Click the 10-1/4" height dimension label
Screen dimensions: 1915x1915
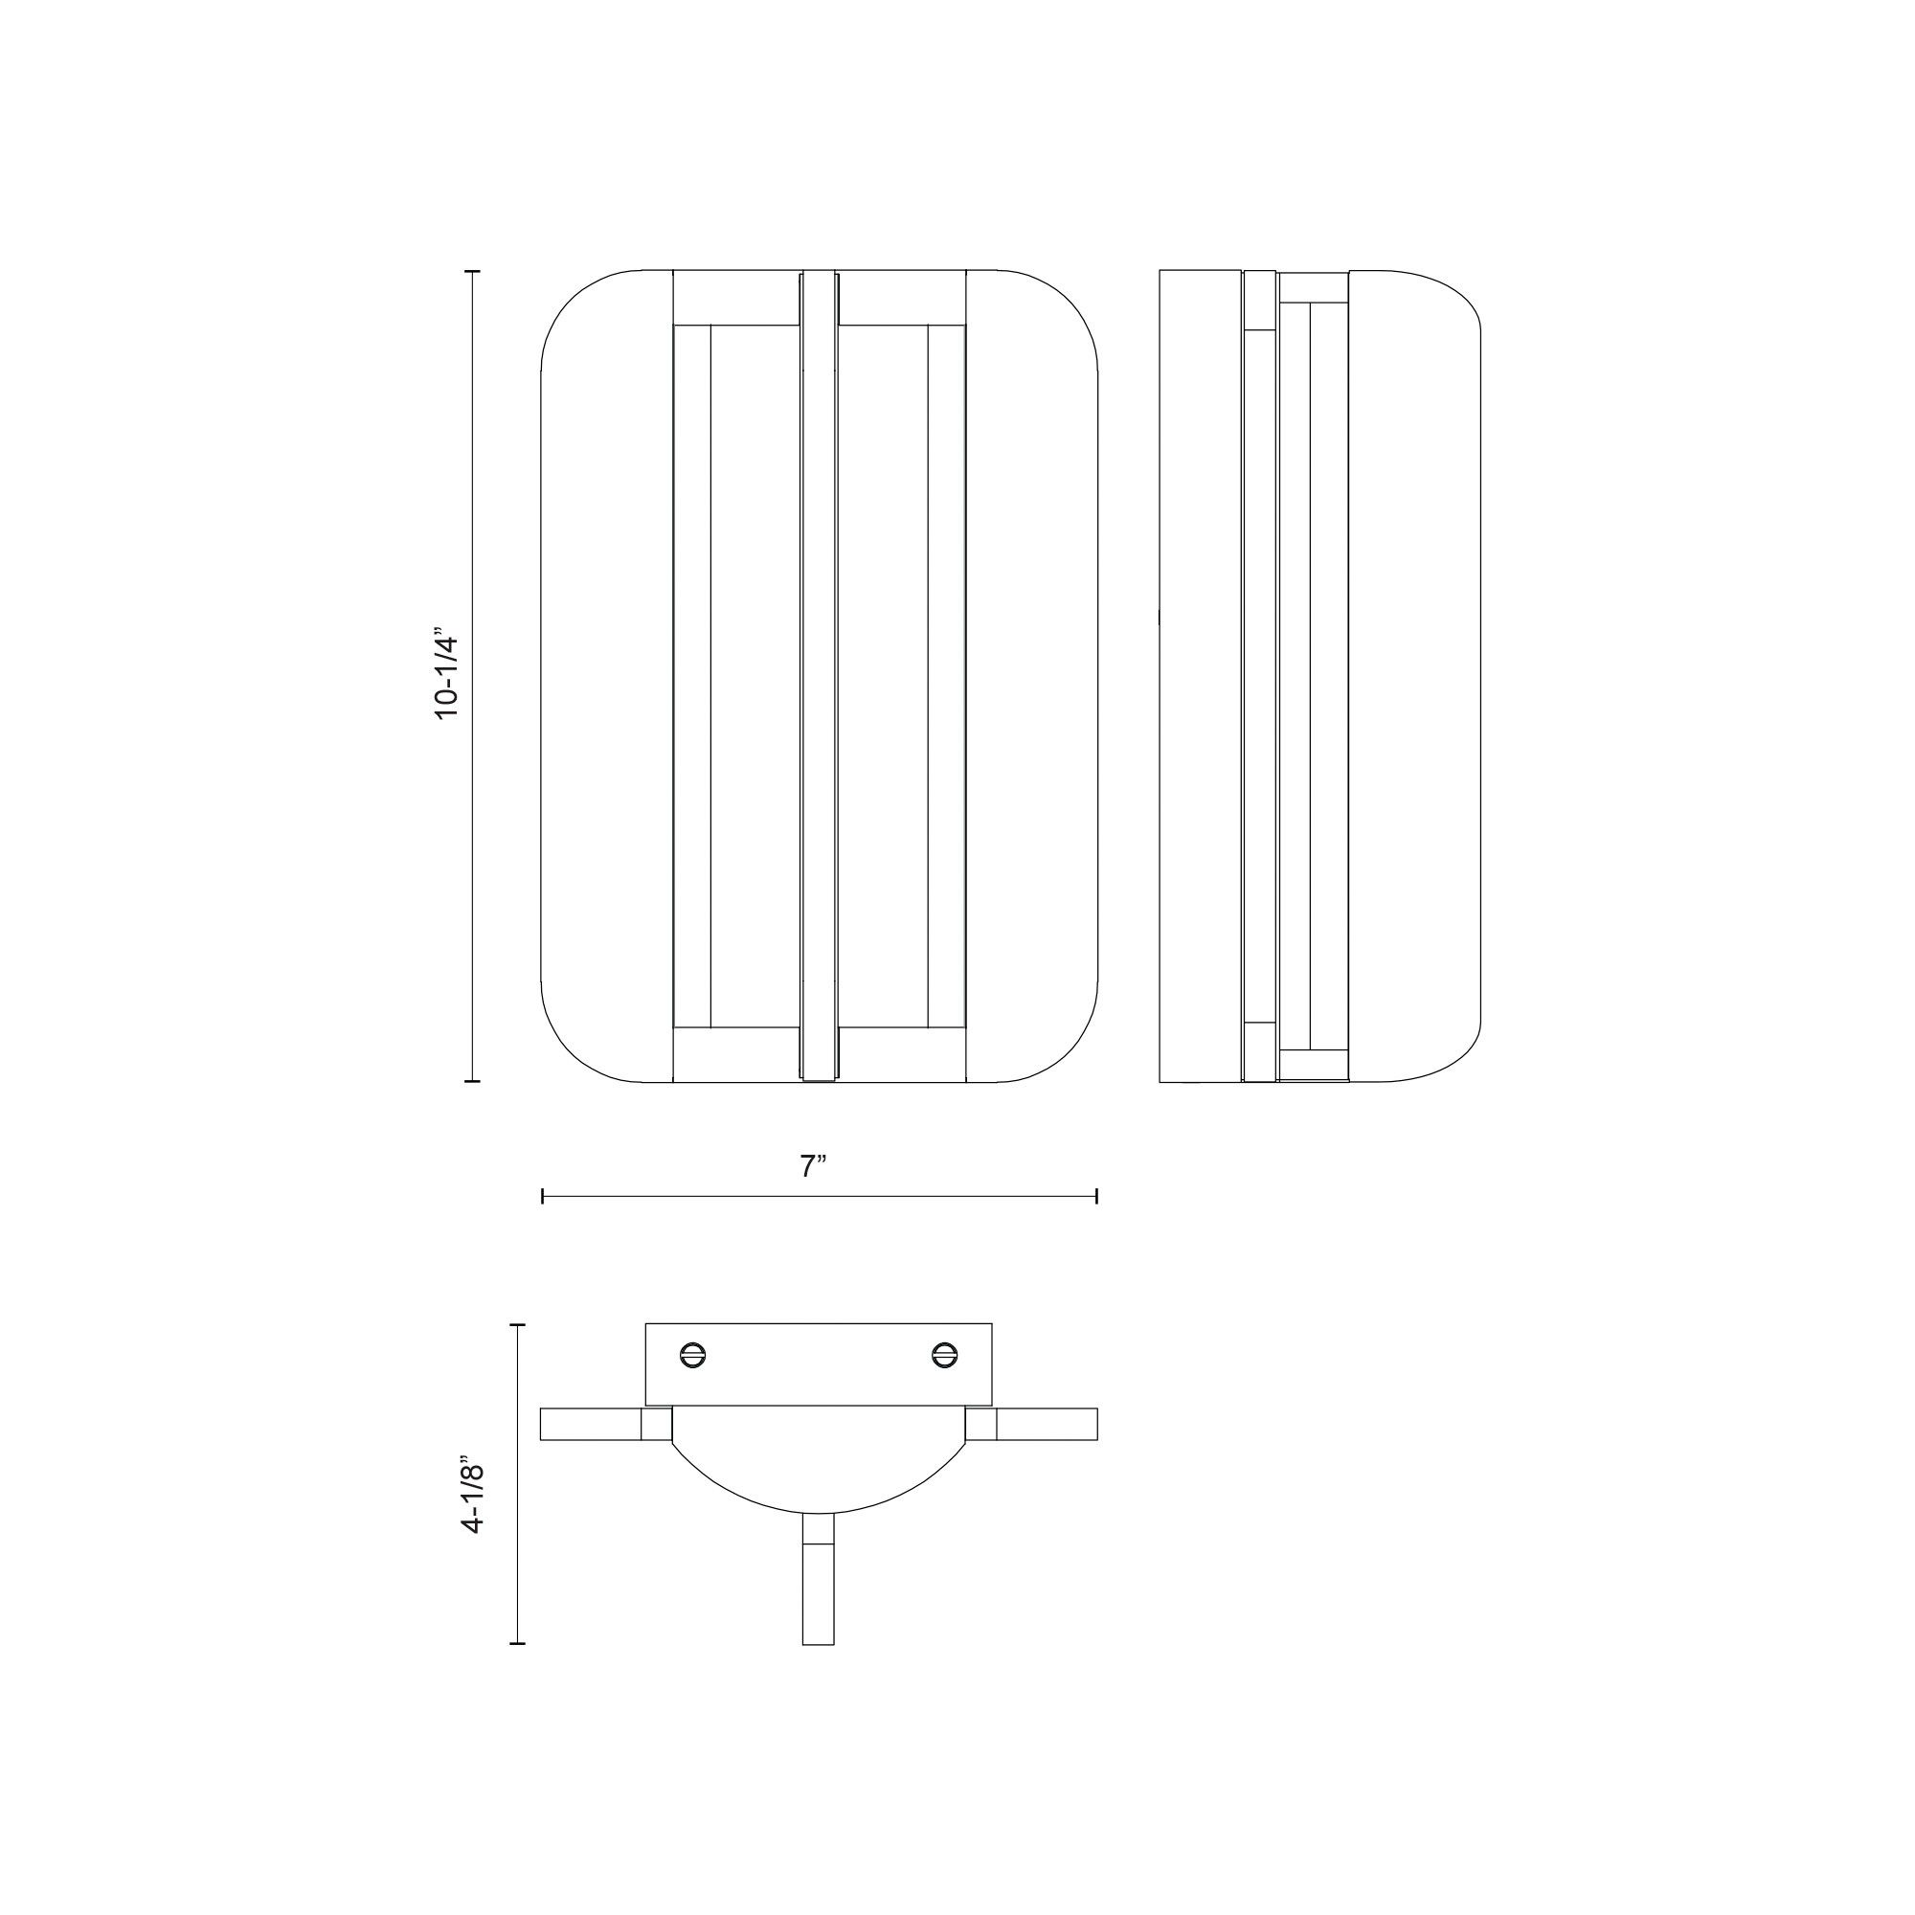point(448,674)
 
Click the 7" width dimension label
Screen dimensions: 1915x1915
point(813,1166)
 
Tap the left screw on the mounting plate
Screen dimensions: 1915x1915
point(693,1355)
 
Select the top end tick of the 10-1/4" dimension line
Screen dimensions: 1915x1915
point(472,270)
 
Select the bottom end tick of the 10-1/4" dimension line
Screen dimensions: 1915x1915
point(472,1081)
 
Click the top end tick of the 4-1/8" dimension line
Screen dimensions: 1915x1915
point(516,1324)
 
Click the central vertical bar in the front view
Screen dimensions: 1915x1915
point(819,674)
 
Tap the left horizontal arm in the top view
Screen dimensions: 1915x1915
point(591,1425)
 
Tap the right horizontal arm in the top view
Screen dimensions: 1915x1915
point(1047,1425)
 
